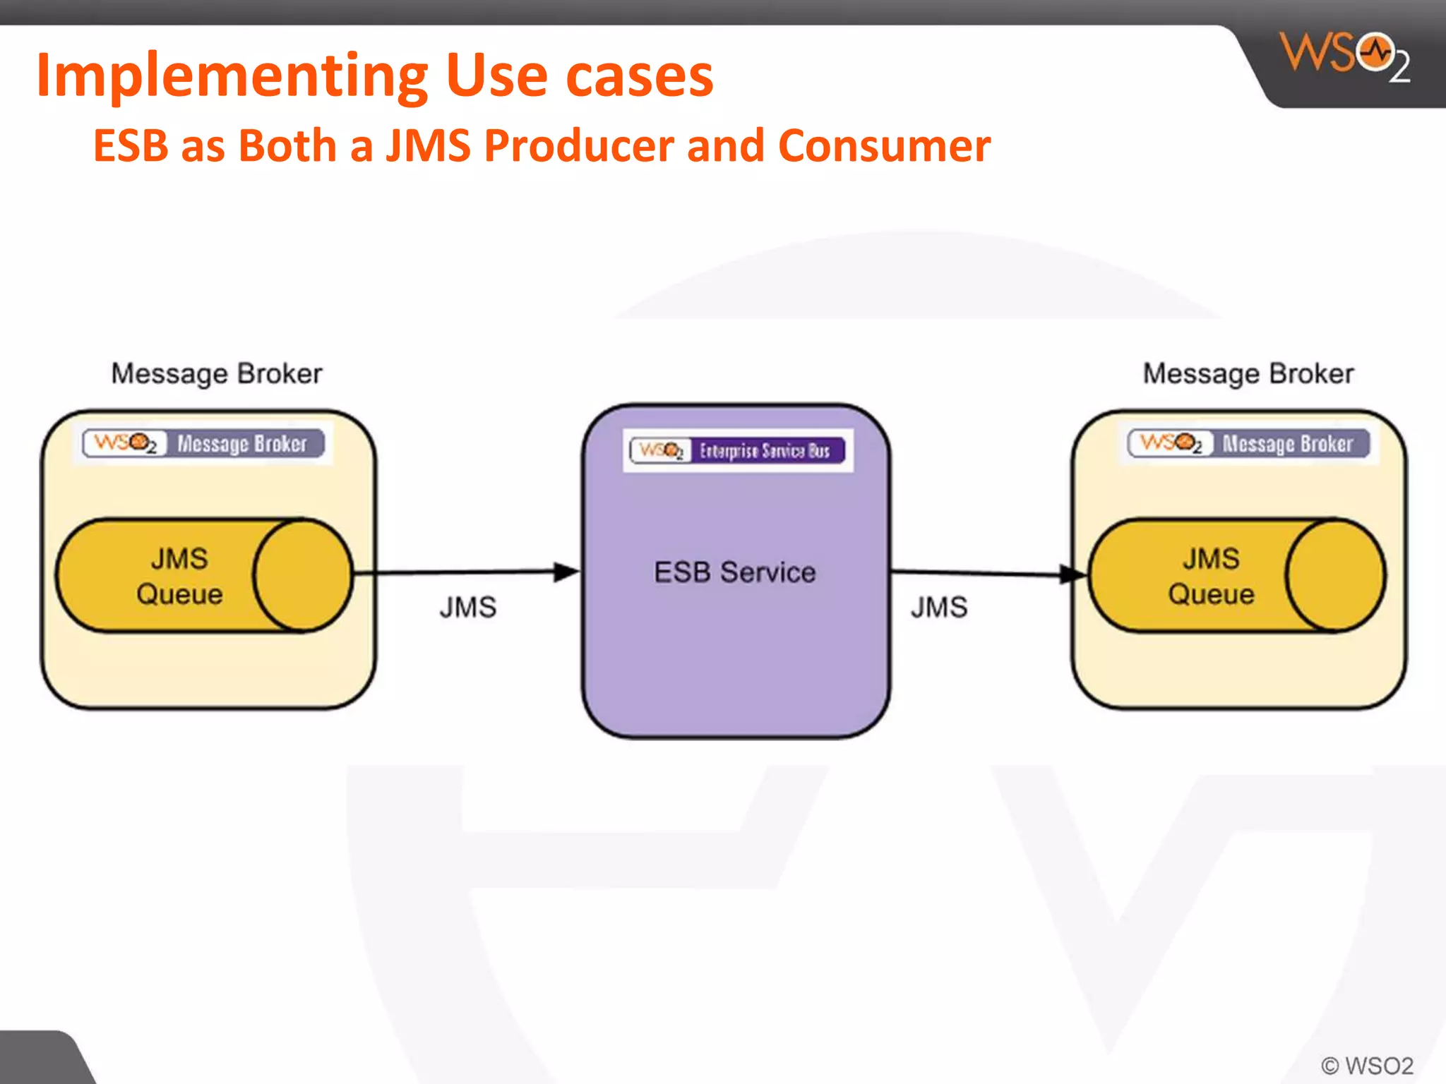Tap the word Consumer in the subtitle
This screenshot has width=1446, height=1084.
(884, 146)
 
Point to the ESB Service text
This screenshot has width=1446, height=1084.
(734, 572)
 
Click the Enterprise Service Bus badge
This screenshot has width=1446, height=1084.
(738, 450)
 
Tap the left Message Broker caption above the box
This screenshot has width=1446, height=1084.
(217, 373)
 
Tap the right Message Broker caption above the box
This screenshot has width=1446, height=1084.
(1248, 373)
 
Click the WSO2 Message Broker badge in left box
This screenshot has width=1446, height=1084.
(203, 443)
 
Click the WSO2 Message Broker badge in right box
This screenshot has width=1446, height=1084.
(1248, 443)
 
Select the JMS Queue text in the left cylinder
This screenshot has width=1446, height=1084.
(179, 576)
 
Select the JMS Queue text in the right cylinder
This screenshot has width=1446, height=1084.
(1211, 576)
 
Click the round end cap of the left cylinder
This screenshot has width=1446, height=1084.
(302, 575)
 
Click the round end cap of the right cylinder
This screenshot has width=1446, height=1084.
(1334, 575)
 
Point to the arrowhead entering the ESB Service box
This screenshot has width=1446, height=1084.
(566, 572)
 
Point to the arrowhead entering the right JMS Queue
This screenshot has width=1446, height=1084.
(1073, 574)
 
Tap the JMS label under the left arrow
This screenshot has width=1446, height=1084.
(467, 608)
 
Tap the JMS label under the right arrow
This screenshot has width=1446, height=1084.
(938, 608)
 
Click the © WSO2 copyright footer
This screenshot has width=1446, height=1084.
(1367, 1065)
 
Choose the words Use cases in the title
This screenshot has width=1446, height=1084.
(579, 76)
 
